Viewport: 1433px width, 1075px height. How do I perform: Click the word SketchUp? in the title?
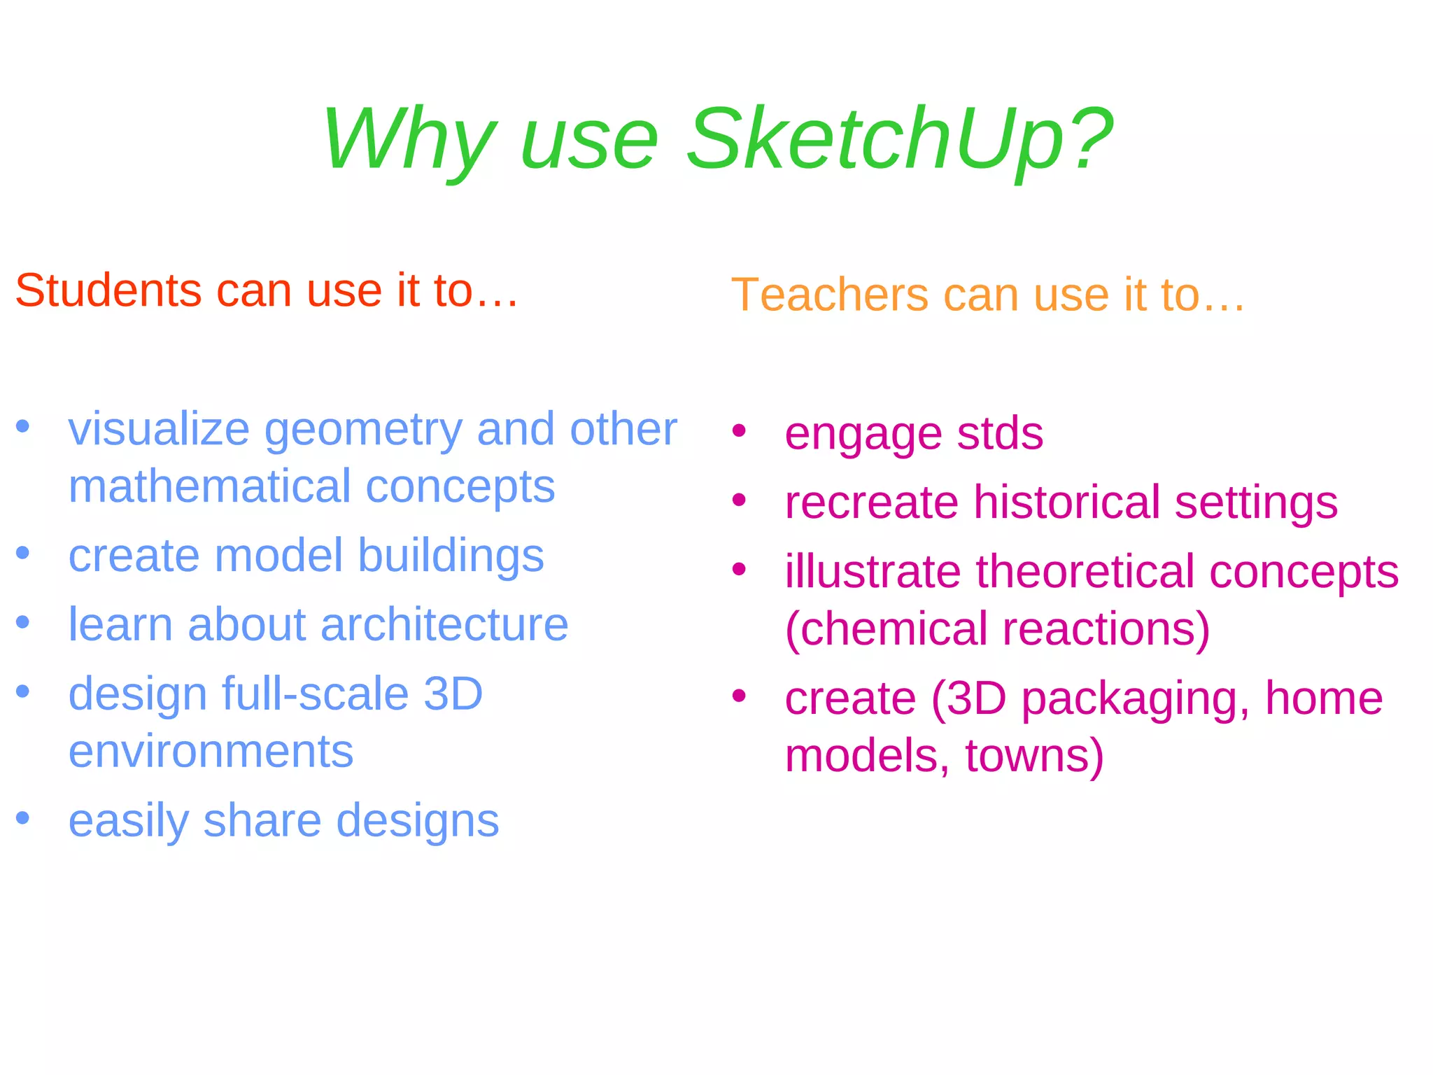tap(899, 138)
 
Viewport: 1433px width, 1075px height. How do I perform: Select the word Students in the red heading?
tap(109, 290)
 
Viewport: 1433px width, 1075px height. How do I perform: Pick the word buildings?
tap(451, 556)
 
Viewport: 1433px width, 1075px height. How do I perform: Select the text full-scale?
tap(315, 694)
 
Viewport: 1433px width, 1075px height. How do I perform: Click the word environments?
tap(211, 752)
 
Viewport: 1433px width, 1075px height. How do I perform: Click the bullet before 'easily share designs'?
tap(23, 817)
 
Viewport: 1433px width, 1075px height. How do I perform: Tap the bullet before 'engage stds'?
tap(739, 430)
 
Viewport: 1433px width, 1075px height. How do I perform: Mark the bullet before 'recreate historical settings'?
tap(739, 500)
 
